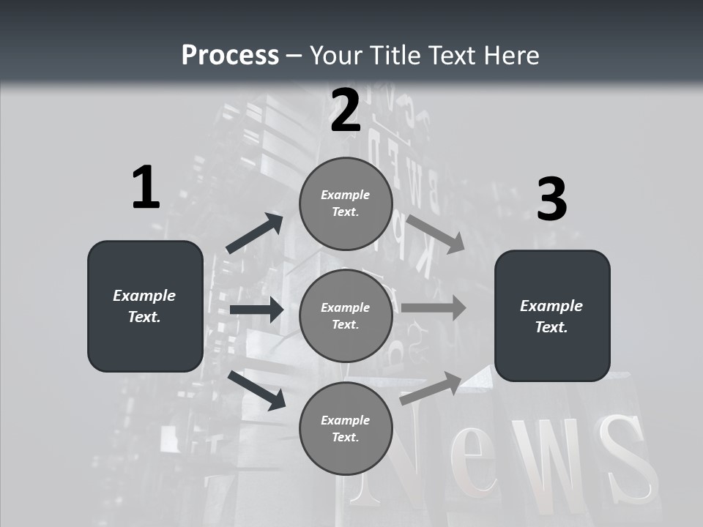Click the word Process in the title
(230, 56)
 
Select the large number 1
(146, 188)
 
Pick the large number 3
(551, 200)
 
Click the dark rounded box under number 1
(145, 306)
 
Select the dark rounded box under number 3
(552, 315)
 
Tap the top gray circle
(346, 203)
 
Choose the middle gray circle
(346, 315)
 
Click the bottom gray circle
(346, 428)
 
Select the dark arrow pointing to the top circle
(254, 233)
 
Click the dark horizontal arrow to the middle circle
(256, 310)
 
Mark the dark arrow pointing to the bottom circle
(256, 389)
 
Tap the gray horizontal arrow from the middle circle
(433, 307)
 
